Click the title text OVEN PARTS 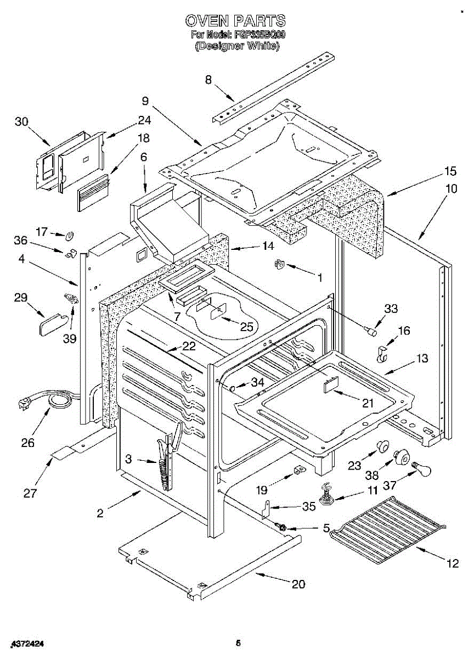(235, 21)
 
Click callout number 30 (21, 122)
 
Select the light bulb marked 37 (421, 468)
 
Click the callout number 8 (208, 80)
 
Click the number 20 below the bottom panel (298, 584)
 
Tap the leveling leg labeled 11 (326, 493)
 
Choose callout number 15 (450, 170)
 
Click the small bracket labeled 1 (279, 264)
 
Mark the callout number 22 (189, 346)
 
